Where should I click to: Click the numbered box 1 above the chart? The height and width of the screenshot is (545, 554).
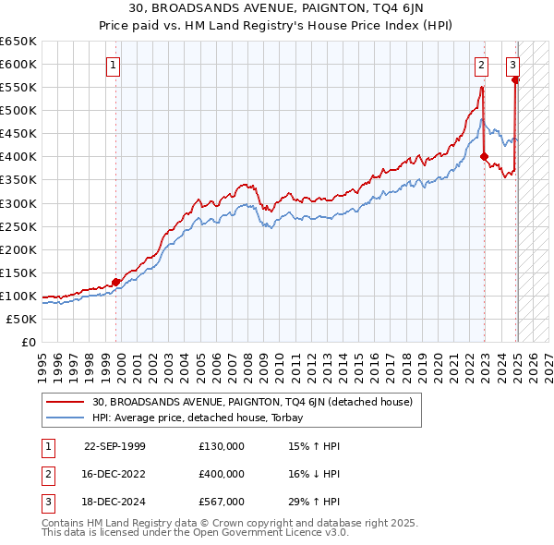tap(113, 65)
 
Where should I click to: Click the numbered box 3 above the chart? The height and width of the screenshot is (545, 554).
tap(512, 65)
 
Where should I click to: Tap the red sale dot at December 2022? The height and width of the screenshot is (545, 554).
tap(484, 157)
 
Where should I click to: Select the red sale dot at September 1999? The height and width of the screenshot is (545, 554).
tap(116, 282)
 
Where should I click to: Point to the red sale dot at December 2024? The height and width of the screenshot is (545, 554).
tap(515, 79)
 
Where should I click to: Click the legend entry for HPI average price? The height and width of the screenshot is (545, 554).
tap(203, 418)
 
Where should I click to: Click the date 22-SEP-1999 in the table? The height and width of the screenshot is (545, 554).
tap(114, 446)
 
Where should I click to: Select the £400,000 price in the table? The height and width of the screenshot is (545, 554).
tap(222, 474)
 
